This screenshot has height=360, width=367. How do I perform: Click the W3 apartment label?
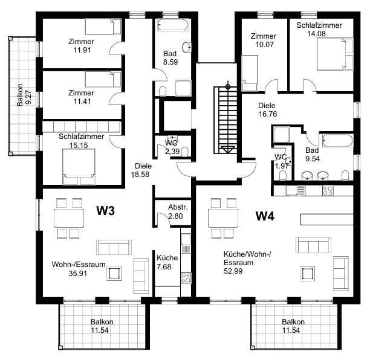point(106,210)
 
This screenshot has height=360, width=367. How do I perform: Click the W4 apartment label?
point(265,216)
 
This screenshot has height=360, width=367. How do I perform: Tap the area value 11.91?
point(82,50)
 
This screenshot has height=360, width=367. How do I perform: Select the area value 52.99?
point(233,271)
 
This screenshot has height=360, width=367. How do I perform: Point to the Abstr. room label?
point(178,207)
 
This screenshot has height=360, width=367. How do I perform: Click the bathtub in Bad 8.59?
point(173,25)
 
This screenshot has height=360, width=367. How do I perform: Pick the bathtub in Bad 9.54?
point(337,141)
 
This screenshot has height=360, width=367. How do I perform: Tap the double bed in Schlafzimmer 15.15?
point(79,167)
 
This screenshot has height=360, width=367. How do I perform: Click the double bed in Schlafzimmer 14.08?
point(335,54)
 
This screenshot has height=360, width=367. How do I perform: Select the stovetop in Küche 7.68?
point(186,278)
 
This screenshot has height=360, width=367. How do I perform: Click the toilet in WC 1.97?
point(283,175)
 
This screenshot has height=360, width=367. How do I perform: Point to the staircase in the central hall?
point(225,120)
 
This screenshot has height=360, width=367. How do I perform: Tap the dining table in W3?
point(69,218)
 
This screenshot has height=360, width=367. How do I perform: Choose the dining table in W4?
point(223,218)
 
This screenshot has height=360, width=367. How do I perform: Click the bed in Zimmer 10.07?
point(250,72)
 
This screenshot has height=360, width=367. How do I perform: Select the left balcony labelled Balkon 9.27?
point(22,96)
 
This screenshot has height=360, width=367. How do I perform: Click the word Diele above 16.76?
point(267,106)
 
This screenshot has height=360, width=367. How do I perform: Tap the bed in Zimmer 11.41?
point(103,79)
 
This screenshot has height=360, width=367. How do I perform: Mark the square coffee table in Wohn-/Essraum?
point(114,273)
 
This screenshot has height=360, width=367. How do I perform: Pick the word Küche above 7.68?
point(167,257)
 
